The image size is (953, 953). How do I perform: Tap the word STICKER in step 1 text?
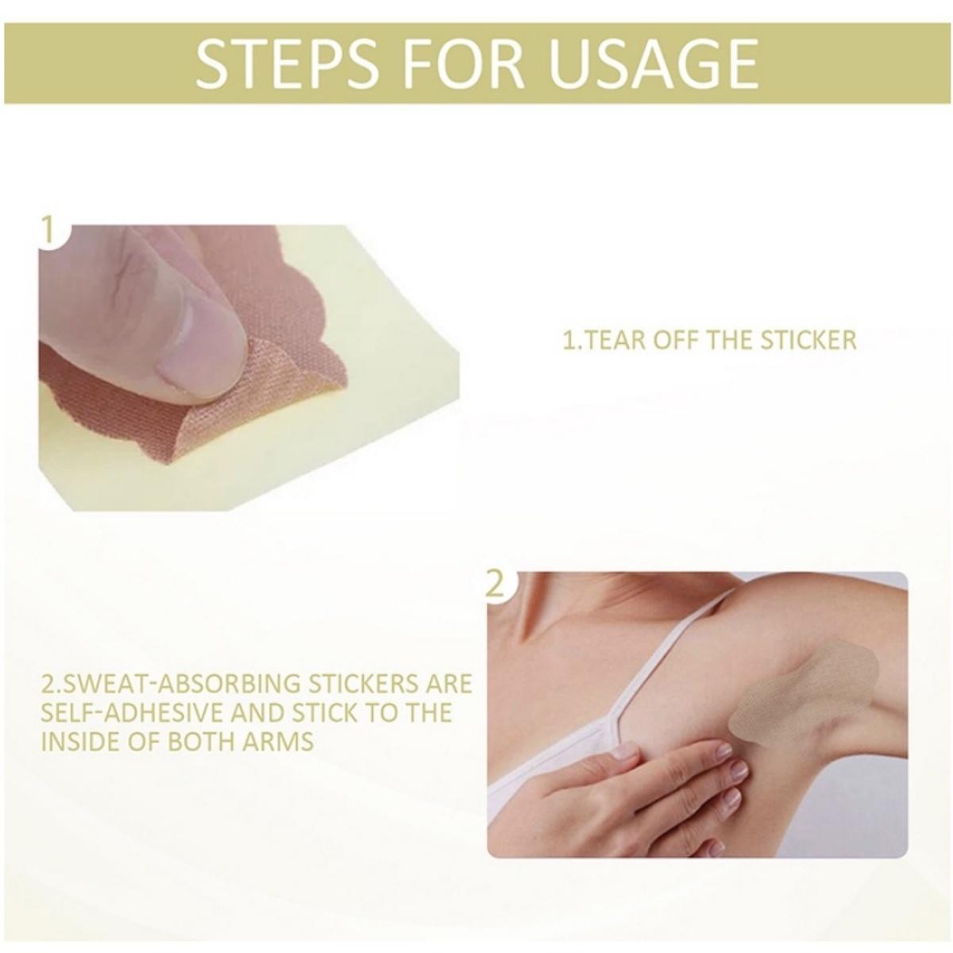(x=808, y=340)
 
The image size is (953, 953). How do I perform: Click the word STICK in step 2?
(x=317, y=712)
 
